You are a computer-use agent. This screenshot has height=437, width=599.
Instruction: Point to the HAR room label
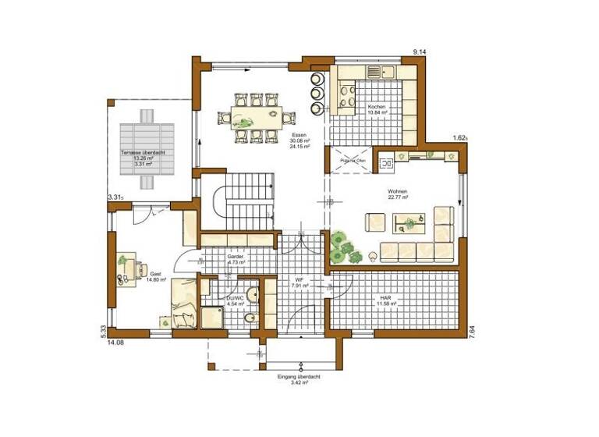[x=385, y=297]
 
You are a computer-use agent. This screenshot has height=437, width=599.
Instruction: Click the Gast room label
[x=156, y=275]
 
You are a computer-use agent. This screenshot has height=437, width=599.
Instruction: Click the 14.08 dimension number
[x=116, y=342]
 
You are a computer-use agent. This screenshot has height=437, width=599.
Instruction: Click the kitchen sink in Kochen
[x=374, y=71]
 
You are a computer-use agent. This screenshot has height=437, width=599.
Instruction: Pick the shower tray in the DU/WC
[x=212, y=317]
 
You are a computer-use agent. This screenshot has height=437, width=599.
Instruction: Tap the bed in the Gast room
[x=183, y=304]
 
